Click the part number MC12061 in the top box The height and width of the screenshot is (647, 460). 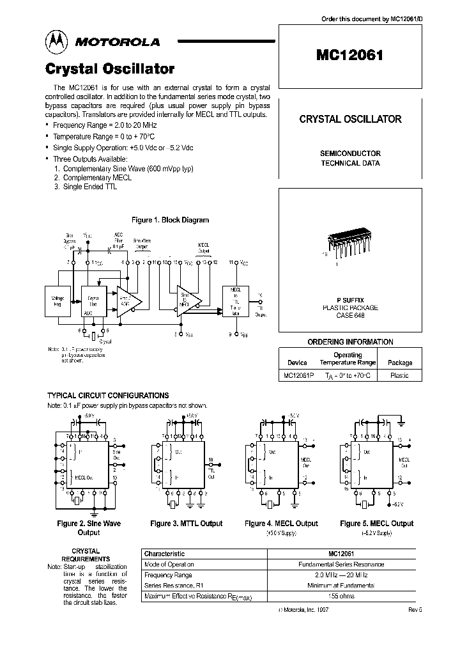[349, 55]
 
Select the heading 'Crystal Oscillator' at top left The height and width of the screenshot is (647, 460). [109, 68]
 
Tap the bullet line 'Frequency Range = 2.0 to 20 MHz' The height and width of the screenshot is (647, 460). [105, 127]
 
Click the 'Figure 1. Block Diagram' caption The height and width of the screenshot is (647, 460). [170, 220]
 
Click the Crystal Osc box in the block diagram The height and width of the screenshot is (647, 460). [93, 300]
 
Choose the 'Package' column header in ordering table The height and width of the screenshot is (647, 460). [400, 362]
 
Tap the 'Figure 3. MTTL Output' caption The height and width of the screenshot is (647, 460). [187, 524]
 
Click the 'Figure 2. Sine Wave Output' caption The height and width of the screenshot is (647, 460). [89, 527]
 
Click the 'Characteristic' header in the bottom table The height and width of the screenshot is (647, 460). [165, 554]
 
